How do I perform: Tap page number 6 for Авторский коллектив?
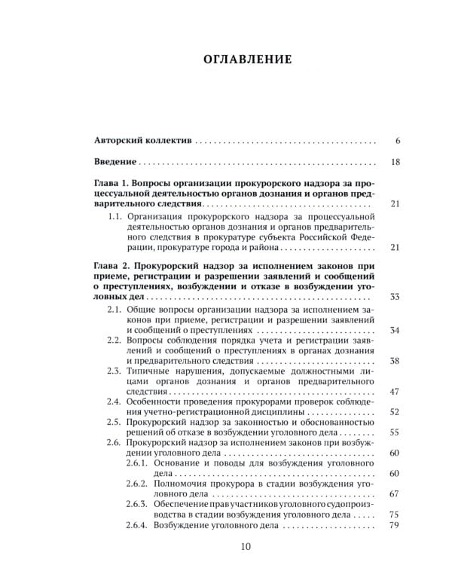click(x=396, y=141)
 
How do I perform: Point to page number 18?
click(x=395, y=162)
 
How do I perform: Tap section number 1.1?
click(x=115, y=215)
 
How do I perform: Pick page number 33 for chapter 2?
click(x=395, y=298)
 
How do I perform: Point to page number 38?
click(x=395, y=360)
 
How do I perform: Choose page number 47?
click(x=395, y=392)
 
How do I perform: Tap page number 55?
click(x=395, y=433)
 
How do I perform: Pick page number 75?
click(x=395, y=515)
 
